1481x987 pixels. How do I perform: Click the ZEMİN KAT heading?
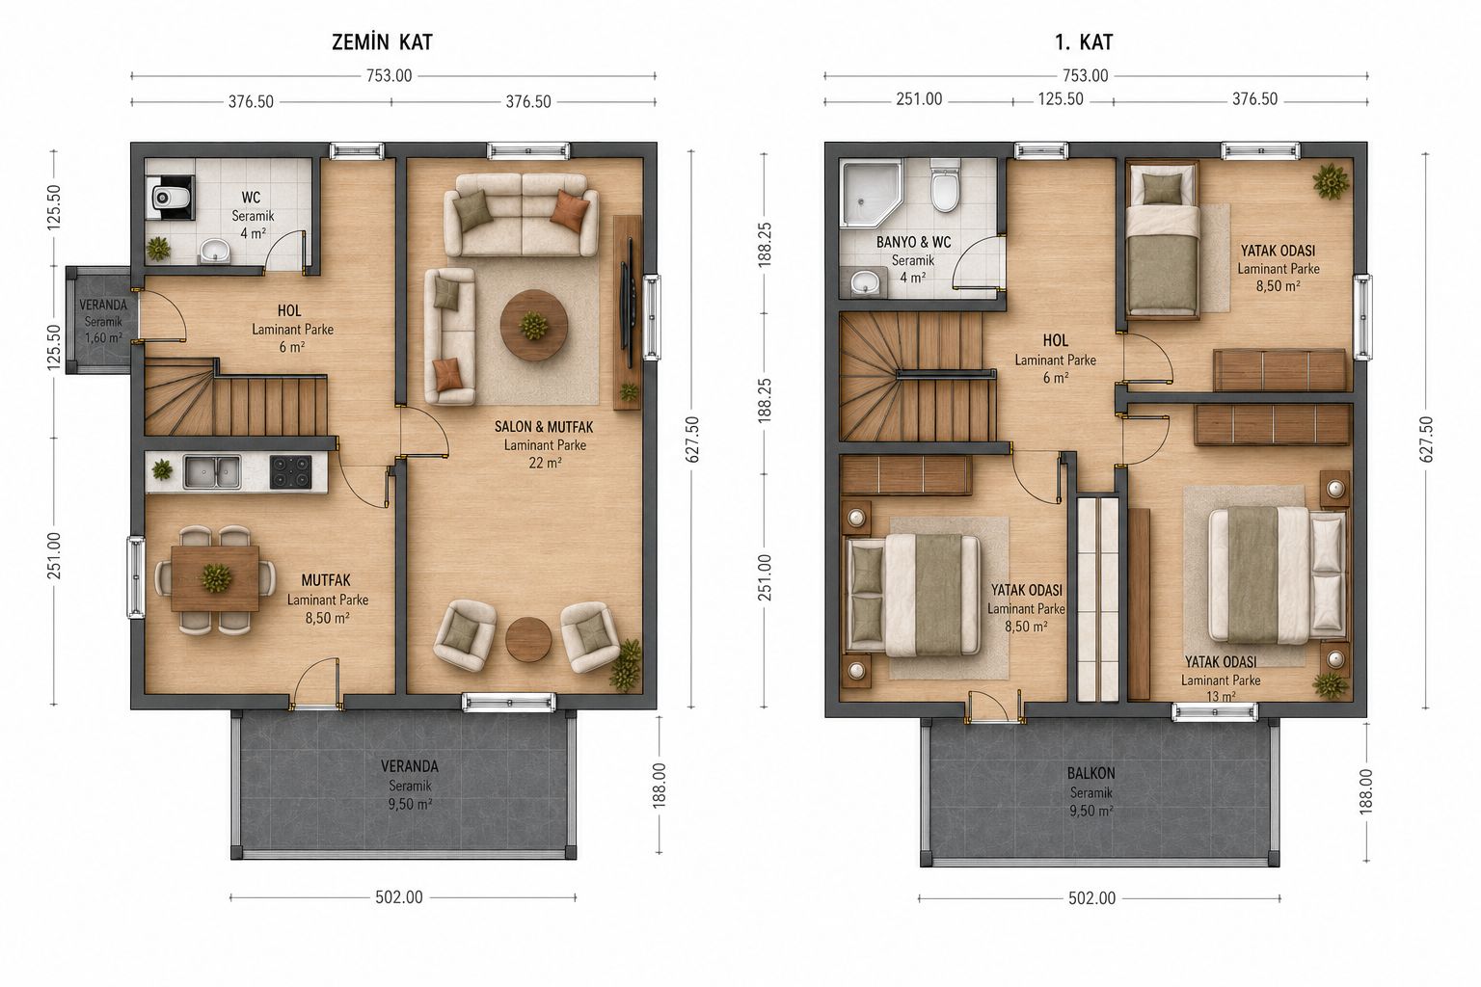[x=382, y=42]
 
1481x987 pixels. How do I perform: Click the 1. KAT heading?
[x=1084, y=42]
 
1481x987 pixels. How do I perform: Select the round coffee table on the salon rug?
[x=533, y=325]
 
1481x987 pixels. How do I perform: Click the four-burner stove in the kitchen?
[x=291, y=472]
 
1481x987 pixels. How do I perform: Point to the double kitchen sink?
[x=212, y=472]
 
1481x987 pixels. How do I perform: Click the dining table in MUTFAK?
[x=215, y=578]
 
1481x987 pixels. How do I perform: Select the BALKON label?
[x=1091, y=773]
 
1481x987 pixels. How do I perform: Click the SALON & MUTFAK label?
[x=544, y=427]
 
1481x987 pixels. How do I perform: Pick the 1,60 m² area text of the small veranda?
[x=103, y=338]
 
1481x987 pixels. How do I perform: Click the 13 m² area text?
[x=1221, y=697]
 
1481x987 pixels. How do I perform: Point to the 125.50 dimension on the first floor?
[x=1061, y=99]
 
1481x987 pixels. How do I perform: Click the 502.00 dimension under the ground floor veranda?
[x=398, y=897]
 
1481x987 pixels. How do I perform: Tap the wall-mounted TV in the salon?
[x=628, y=305]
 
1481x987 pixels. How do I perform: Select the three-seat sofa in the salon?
[x=521, y=215]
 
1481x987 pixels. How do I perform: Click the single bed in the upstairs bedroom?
[x=1163, y=241]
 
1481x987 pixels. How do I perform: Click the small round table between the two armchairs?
[x=528, y=639]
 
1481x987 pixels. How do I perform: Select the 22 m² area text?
[x=545, y=464]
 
